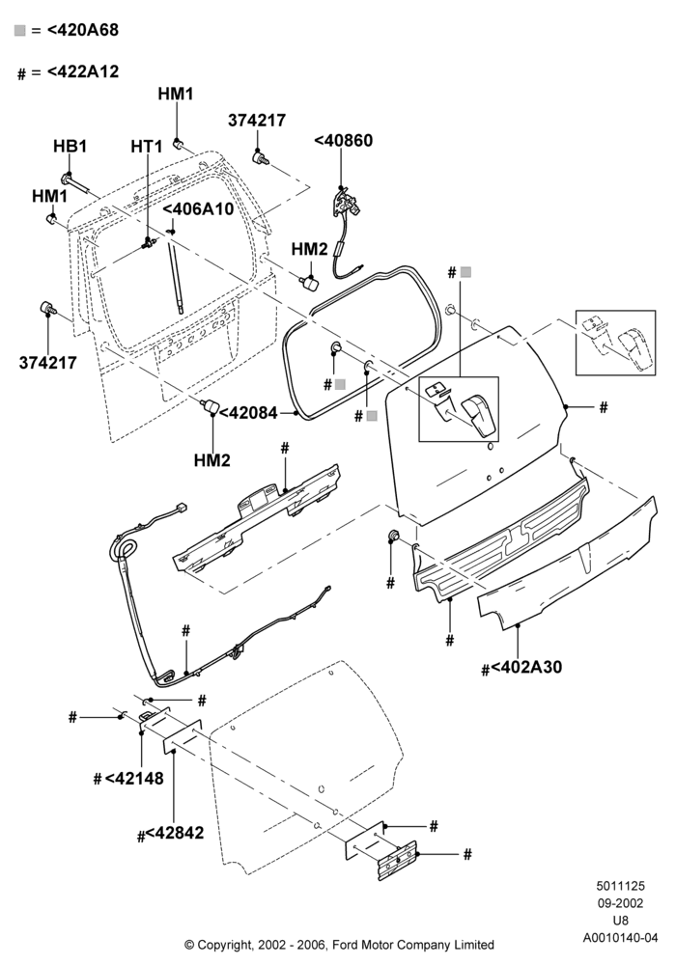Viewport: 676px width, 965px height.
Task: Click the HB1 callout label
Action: [70, 147]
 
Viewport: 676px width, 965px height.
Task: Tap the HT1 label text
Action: [147, 147]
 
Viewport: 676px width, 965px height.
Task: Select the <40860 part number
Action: [344, 140]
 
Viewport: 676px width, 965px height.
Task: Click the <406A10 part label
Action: [198, 209]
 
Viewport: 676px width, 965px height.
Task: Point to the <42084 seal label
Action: [249, 413]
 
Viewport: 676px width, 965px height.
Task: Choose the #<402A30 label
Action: [522, 667]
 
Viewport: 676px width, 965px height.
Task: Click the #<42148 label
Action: [128, 779]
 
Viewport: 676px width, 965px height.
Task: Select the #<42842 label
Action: [171, 834]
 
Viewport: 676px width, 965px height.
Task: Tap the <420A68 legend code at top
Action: [82, 30]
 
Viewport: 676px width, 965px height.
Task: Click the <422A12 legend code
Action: [83, 71]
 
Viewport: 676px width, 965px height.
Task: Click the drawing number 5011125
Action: [620, 886]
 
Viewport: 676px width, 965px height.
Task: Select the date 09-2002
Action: [621, 903]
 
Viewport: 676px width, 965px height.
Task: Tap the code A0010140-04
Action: [621, 937]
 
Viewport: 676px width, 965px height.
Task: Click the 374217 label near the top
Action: [257, 120]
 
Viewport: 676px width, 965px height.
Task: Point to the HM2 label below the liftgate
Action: [211, 459]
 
